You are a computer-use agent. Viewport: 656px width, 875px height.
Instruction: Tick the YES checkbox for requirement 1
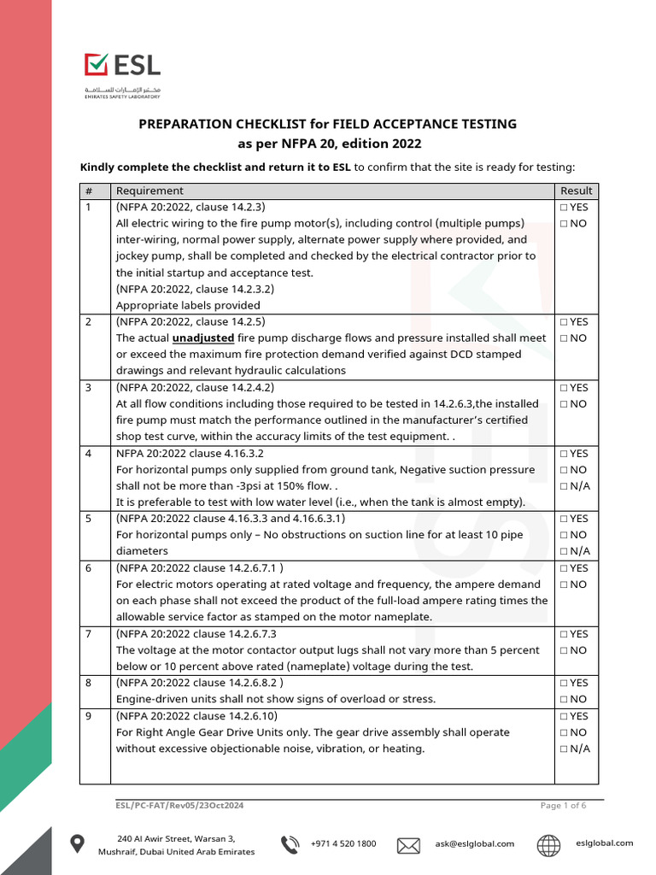point(564,208)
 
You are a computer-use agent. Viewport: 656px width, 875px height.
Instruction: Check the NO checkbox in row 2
point(564,338)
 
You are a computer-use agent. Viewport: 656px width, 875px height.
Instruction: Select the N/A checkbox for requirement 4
point(564,486)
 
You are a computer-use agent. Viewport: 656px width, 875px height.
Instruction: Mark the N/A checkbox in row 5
point(564,551)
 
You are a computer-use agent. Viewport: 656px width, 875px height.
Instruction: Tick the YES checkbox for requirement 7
point(564,634)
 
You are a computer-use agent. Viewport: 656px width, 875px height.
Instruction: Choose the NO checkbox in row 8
point(564,699)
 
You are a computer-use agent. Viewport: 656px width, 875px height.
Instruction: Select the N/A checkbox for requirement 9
point(564,749)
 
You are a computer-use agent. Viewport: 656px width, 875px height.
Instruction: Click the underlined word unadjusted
point(203,338)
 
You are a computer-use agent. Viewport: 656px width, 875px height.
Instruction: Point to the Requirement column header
point(149,191)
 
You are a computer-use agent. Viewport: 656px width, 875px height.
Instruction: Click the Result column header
point(576,191)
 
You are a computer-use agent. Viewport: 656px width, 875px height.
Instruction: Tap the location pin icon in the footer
point(77,844)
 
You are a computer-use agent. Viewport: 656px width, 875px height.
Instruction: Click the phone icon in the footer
point(290,844)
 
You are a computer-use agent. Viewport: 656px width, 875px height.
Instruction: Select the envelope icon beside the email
point(408,845)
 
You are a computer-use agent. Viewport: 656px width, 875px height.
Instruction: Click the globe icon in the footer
point(548,845)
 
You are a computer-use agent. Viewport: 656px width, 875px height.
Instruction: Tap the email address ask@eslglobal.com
point(474,844)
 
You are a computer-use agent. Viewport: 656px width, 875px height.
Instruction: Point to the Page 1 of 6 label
point(563,806)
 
